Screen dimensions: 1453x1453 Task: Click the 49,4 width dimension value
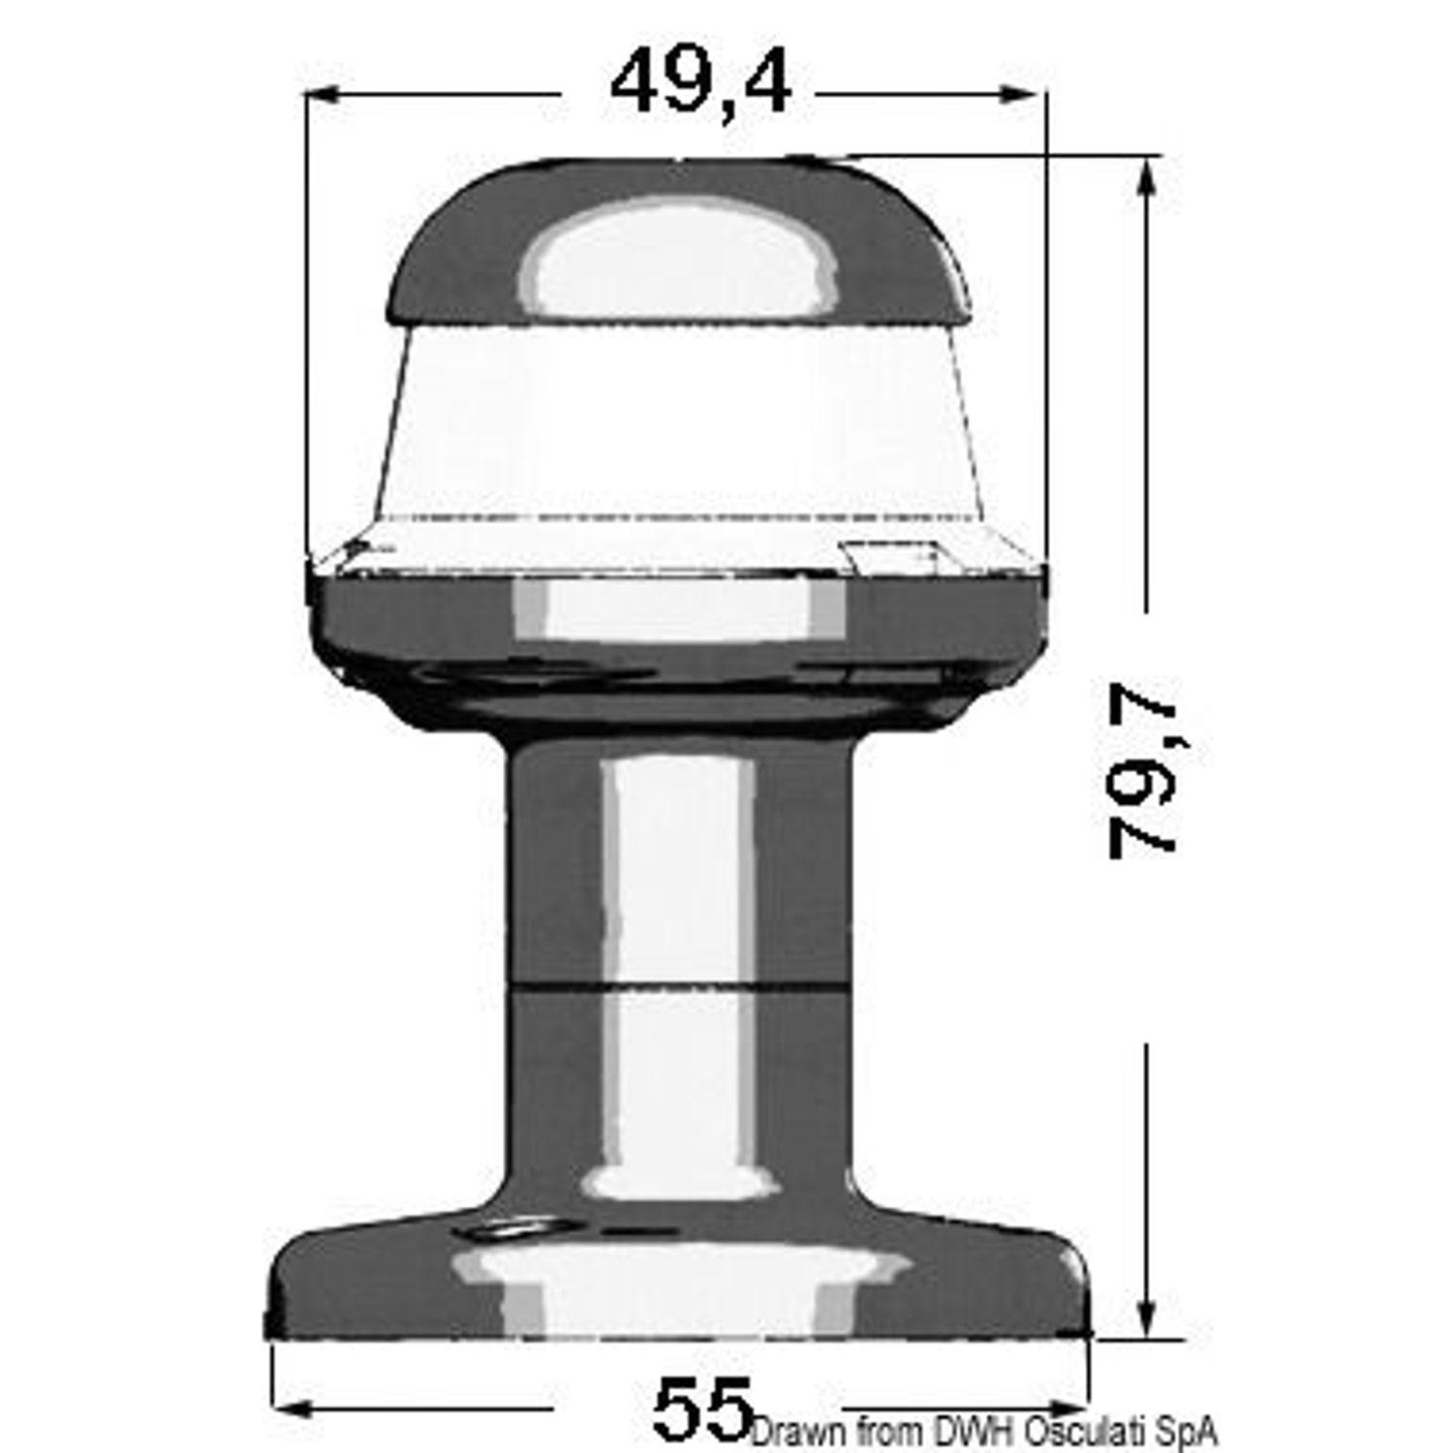click(x=700, y=86)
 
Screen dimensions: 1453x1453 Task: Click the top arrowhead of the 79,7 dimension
click(x=1148, y=175)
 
